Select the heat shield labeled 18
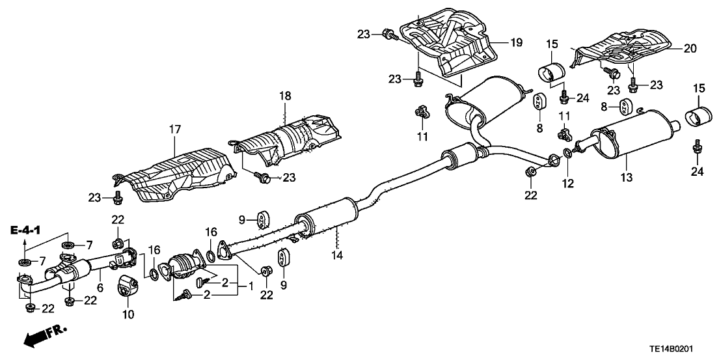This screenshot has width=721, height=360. tap(290, 141)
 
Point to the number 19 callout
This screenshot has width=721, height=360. tap(515, 43)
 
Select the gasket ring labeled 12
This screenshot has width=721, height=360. tap(567, 154)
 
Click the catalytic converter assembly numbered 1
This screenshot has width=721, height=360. tap(186, 268)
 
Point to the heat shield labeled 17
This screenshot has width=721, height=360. tap(179, 173)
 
